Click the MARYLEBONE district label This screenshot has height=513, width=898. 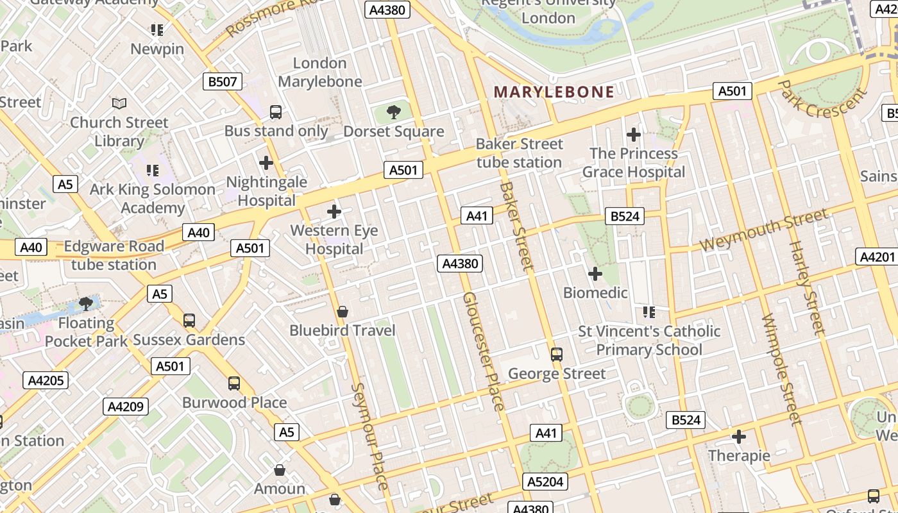click(x=554, y=92)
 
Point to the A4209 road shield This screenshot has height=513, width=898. click(x=126, y=406)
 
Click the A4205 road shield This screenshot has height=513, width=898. click(x=46, y=380)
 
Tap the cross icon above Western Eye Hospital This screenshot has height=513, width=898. click(x=334, y=211)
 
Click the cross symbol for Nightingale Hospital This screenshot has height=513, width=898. click(x=266, y=163)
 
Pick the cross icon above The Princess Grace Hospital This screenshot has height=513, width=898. click(x=634, y=135)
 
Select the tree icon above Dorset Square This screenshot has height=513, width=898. click(x=394, y=113)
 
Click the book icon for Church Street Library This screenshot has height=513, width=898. click(x=119, y=103)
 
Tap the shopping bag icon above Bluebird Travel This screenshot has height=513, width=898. click(x=343, y=312)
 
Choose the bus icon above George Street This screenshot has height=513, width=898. click(x=557, y=354)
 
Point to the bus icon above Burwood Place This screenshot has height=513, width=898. click(x=234, y=383)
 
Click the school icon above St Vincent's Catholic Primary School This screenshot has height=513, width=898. click(x=649, y=312)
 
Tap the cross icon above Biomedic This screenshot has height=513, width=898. click(x=595, y=274)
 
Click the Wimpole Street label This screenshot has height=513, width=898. click(x=782, y=369)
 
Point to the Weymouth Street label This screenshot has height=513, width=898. click(x=763, y=230)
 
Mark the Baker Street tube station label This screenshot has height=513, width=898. click(x=520, y=153)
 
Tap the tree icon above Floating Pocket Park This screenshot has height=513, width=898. click(x=85, y=303)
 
